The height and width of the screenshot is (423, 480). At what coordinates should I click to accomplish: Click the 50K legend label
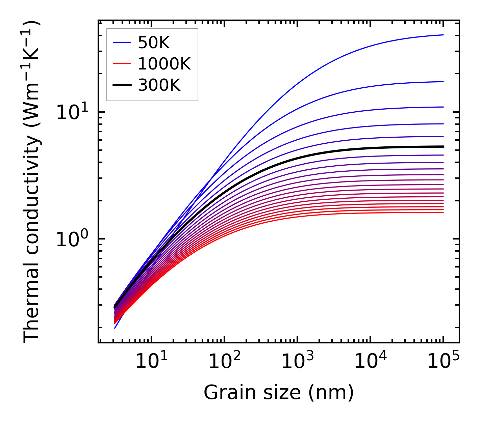tap(154, 43)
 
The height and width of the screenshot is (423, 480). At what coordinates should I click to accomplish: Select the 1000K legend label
tap(164, 64)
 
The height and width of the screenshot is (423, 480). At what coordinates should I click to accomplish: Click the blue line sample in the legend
tap(122, 43)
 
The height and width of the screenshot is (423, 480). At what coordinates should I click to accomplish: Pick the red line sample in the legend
tap(122, 64)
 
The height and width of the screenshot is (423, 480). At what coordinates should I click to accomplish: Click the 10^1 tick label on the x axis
tap(151, 362)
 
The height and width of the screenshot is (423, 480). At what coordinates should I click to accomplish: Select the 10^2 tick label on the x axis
tap(224, 362)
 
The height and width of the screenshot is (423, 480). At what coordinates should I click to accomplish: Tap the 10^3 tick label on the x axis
tap(297, 362)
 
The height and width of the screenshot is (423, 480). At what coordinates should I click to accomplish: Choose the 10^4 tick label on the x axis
tap(370, 362)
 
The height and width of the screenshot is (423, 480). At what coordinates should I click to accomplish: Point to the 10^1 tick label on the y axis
tap(72, 113)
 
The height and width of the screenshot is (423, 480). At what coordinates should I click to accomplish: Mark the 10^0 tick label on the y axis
tap(72, 239)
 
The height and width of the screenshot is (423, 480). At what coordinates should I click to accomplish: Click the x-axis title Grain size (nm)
tap(279, 393)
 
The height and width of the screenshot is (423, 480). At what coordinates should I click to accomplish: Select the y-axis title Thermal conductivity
tap(32, 182)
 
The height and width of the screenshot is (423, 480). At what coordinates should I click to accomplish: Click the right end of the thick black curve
tap(443, 146)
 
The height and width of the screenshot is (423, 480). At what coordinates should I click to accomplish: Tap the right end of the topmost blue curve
tap(443, 35)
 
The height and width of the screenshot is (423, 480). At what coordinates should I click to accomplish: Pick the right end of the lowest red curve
tap(443, 212)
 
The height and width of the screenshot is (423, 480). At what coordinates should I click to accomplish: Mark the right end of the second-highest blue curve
tap(443, 82)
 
